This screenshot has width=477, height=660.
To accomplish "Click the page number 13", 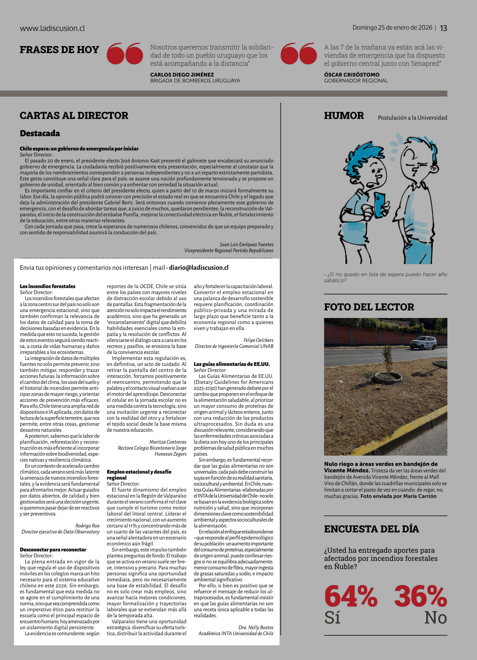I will tap(443, 28).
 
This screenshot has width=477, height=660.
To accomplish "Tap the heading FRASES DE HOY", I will tap(59, 50).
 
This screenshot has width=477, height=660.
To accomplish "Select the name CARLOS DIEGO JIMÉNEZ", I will tap(182, 74).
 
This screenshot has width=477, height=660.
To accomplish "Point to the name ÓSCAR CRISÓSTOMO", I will tap(351, 74).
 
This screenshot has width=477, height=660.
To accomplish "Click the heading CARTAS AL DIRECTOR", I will tap(74, 116).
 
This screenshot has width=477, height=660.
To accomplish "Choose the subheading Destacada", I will tap(40, 134).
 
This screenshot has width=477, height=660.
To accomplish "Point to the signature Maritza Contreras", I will tap(168, 442).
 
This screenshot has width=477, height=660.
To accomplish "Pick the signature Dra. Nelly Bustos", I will tap(256, 627).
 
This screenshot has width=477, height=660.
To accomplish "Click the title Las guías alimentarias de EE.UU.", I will tap(232, 364).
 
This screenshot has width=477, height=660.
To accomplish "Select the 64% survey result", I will tap(351, 597).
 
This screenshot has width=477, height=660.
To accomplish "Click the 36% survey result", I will tap(421, 597).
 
